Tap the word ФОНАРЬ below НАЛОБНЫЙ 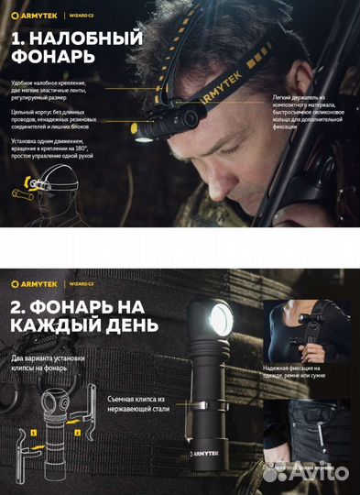click(50, 58)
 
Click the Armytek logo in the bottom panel click(36, 282)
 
